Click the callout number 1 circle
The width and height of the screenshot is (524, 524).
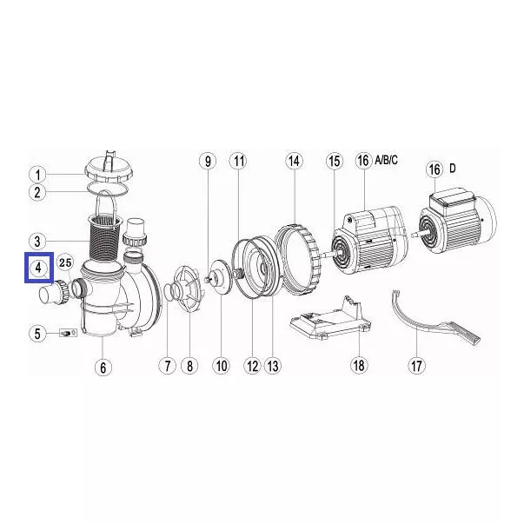click(37, 175)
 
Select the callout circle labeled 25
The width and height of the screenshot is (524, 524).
click(65, 262)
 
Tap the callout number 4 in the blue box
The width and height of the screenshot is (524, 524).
click(38, 268)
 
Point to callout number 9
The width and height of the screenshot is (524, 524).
click(208, 161)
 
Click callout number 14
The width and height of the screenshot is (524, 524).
click(294, 161)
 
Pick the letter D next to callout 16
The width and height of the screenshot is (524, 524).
click(453, 169)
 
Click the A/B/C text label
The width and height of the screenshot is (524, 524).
click(387, 160)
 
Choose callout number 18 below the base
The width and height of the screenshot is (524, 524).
click(359, 365)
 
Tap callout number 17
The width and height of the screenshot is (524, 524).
click(416, 365)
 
